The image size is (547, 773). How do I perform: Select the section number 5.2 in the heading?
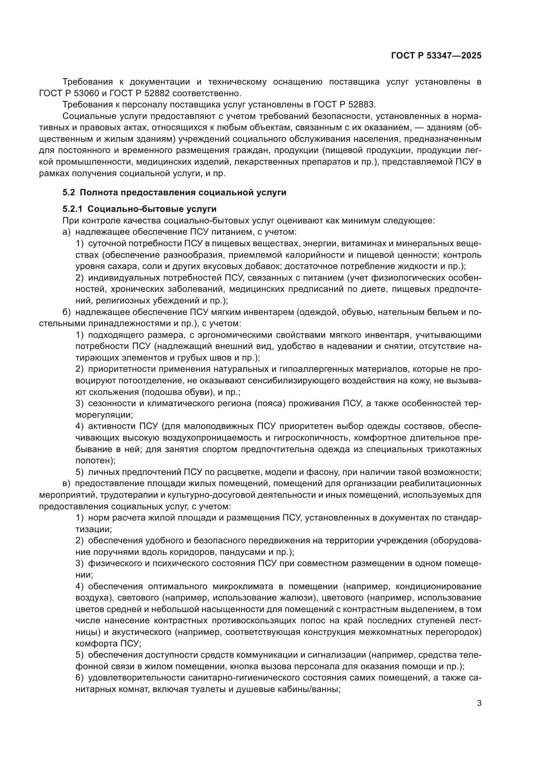[x=69, y=193]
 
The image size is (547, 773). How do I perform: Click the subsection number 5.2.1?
[x=72, y=209]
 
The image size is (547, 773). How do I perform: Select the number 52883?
[x=361, y=105]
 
